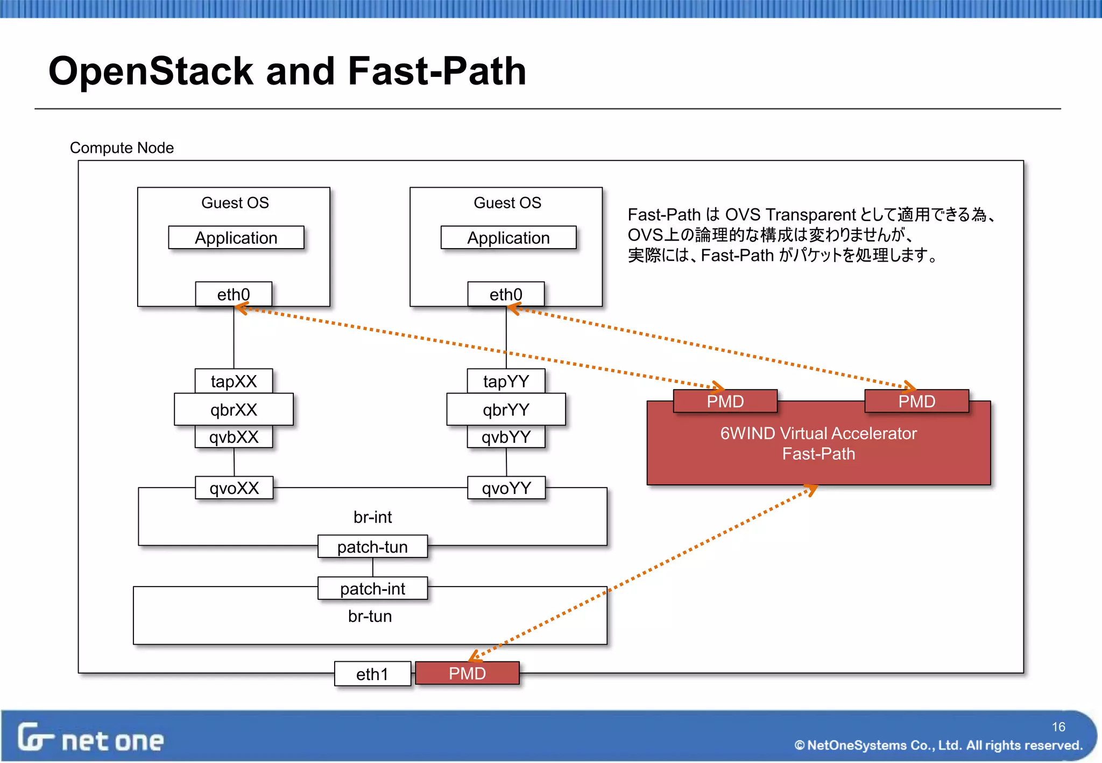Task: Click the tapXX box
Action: [234, 381]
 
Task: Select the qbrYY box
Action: [506, 409]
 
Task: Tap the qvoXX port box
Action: [234, 488]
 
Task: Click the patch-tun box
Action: [372, 547]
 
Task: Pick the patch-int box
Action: [372, 589]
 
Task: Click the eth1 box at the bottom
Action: [372, 674]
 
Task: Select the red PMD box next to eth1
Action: [467, 673]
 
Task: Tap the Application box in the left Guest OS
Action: [236, 238]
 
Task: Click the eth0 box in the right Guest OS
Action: [506, 294]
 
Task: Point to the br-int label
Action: [372, 517]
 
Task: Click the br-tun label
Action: [370, 616]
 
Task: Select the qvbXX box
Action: [234, 437]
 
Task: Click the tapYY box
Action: [506, 381]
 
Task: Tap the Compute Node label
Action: [122, 147]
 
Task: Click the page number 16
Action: [1058, 727]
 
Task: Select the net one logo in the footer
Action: [90, 738]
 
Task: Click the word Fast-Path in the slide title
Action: [437, 71]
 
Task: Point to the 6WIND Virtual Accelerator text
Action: [818, 433]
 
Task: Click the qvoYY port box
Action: [506, 488]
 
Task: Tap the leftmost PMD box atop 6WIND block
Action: [725, 401]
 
